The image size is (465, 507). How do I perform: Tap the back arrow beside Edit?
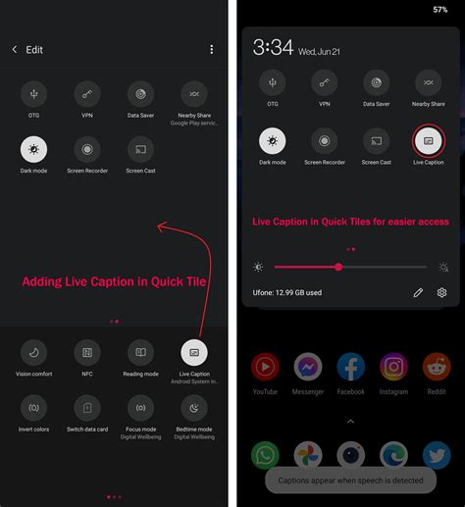click(15, 49)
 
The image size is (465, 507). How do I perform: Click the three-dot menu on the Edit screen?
click(211, 49)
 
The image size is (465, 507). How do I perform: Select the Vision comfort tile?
click(33, 352)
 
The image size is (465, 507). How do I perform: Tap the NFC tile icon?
click(87, 352)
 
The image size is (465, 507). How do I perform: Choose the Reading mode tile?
click(140, 352)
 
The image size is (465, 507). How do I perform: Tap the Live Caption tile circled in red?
click(428, 140)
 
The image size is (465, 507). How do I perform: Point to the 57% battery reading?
click(439, 10)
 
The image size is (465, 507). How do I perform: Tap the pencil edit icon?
click(418, 292)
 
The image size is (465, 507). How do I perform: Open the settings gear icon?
click(442, 292)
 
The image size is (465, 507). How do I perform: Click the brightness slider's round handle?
click(338, 267)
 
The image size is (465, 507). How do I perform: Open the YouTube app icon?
click(265, 368)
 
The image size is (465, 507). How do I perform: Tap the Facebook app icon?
click(350, 368)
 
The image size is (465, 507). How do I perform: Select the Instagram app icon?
click(393, 368)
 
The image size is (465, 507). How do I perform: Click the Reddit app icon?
click(437, 368)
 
